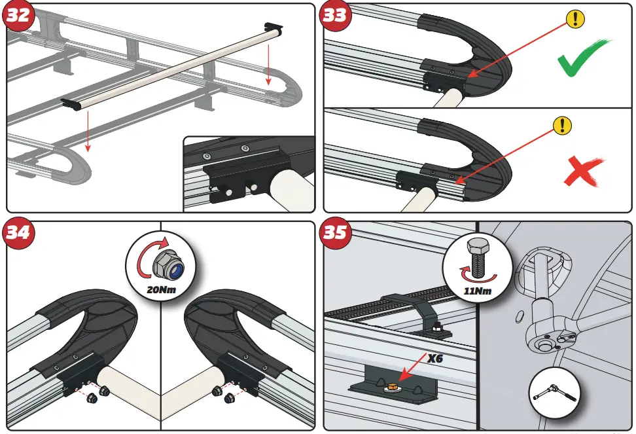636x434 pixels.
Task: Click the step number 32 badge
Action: pos(18,15)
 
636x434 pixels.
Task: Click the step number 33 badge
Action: pos(334,15)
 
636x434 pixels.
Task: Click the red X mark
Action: pos(582,172)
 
